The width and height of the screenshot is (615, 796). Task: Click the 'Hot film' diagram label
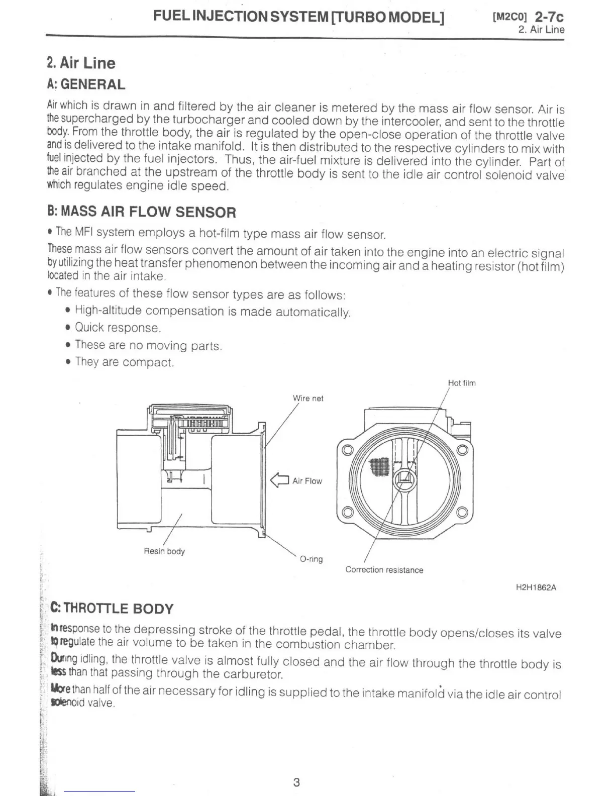(461, 383)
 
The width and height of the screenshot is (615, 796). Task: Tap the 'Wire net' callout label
(308, 399)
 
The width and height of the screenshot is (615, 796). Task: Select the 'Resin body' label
(164, 551)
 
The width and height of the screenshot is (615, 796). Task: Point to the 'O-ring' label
(311, 559)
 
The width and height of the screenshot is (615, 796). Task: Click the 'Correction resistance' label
(384, 570)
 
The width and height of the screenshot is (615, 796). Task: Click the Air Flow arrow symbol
(279, 481)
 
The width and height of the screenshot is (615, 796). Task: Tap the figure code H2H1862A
(536, 587)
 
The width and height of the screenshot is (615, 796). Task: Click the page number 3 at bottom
(296, 782)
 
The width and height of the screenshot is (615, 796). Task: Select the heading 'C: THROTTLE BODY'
(112, 609)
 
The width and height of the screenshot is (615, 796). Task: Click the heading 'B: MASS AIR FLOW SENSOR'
(141, 212)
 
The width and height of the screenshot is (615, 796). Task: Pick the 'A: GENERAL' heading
(86, 84)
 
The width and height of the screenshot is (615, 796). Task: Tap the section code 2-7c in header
(549, 17)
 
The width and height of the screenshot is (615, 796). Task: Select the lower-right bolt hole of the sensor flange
(462, 513)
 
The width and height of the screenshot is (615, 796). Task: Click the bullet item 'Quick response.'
(118, 328)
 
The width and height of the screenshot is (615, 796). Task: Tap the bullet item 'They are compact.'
(124, 362)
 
